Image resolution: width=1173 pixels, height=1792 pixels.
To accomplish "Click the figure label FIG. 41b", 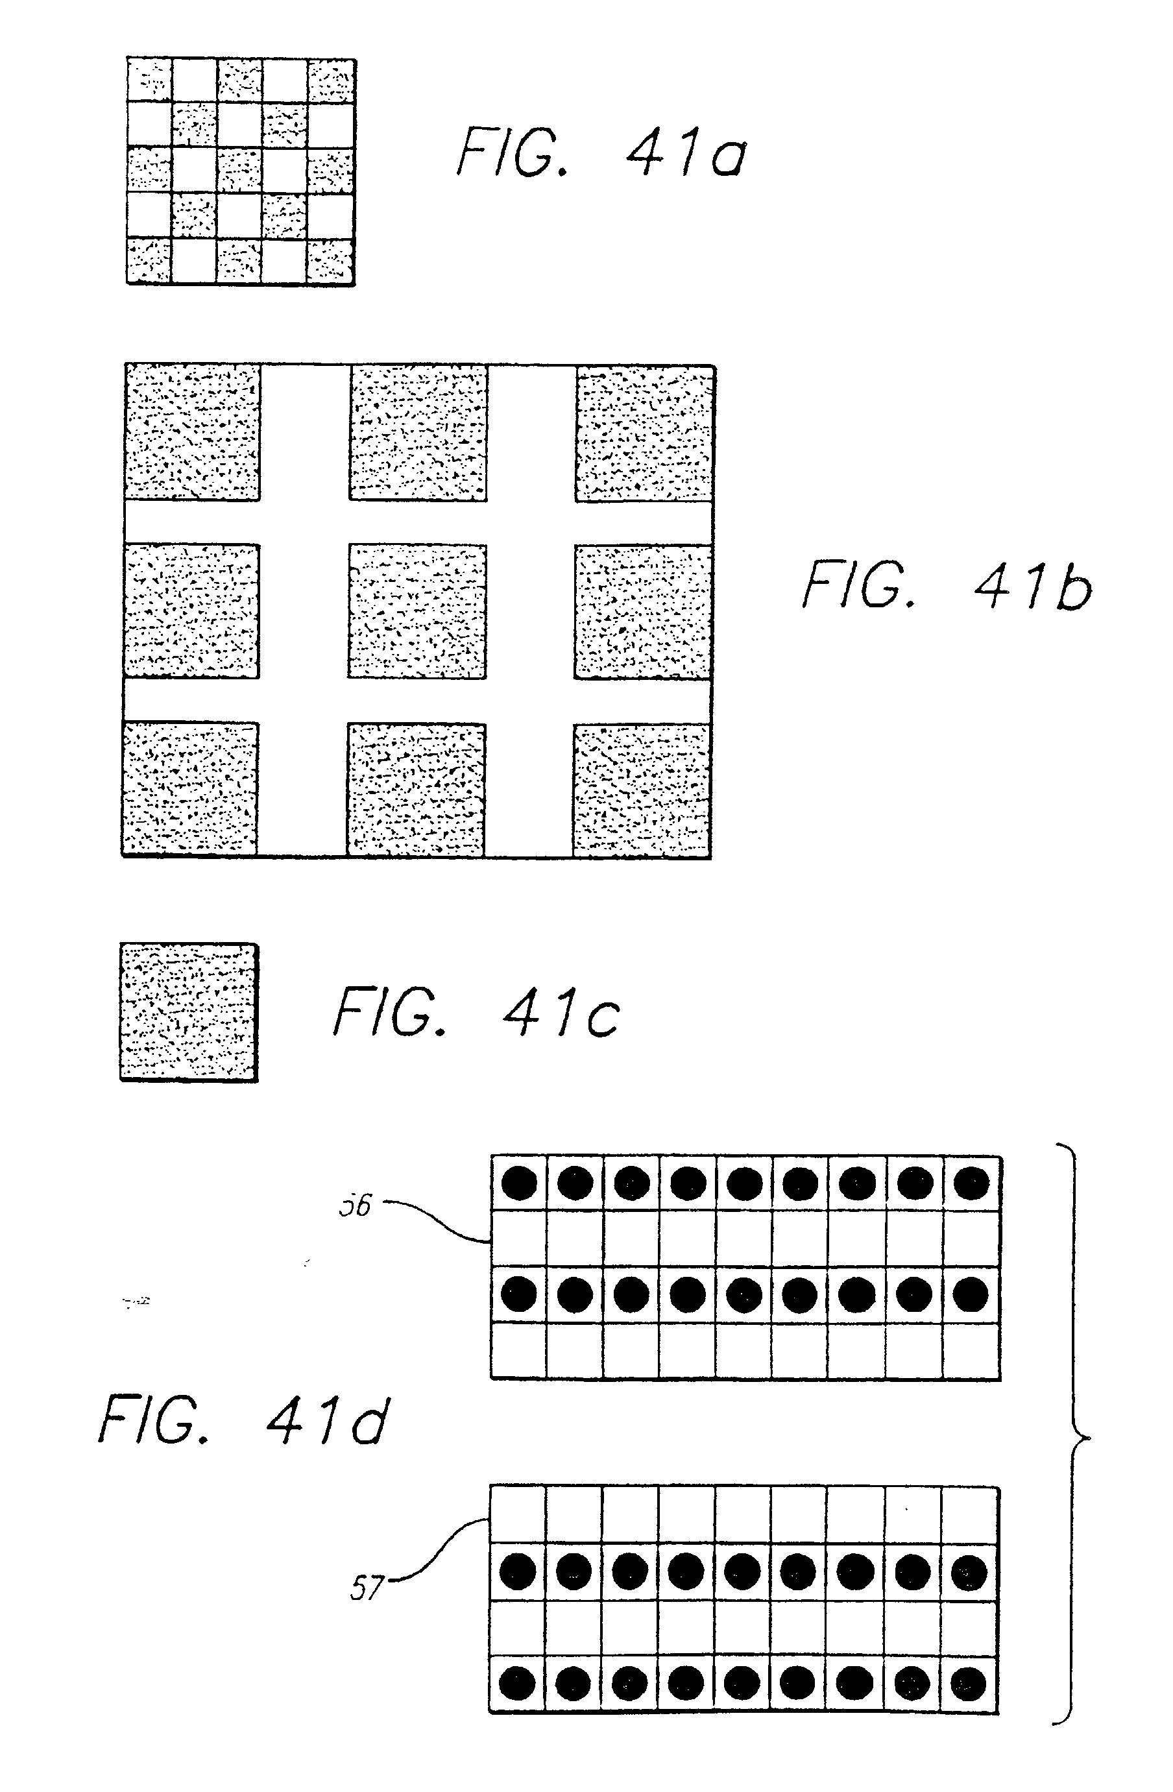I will point(947,587).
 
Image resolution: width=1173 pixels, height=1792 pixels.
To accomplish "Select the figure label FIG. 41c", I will point(477,1013).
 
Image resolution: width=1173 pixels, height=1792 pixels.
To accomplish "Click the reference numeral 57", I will point(367,1589).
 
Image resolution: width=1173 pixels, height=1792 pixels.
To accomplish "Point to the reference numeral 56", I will point(355,1205).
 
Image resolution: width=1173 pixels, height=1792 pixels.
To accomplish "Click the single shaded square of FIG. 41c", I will point(189,1013).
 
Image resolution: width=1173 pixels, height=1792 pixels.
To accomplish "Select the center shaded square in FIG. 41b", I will point(417,611).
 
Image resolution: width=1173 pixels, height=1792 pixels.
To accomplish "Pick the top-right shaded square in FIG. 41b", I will point(644,433).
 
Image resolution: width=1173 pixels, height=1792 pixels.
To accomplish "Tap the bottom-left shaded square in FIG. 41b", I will point(191,789).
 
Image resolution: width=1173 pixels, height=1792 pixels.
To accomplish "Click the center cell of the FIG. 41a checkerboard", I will point(240,171).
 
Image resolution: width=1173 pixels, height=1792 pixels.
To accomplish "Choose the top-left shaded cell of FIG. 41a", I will point(150,80).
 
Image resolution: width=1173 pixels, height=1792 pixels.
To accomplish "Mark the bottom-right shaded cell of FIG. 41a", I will point(330,261).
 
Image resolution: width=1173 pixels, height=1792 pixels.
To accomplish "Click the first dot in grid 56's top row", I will point(519,1183).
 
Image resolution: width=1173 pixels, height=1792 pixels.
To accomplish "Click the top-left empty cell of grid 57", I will point(517,1515).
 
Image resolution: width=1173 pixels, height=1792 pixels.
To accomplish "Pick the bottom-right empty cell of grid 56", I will point(972,1351).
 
